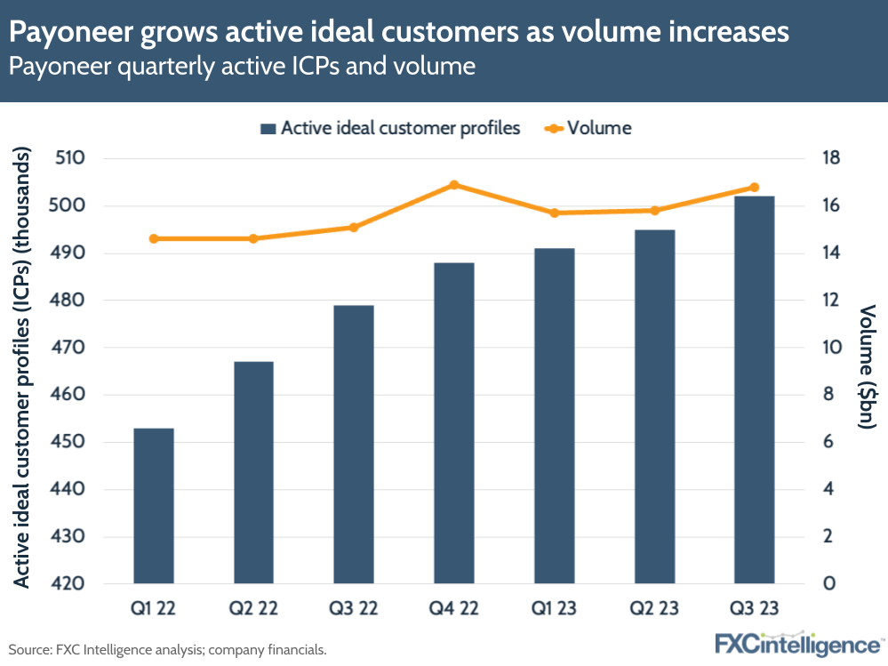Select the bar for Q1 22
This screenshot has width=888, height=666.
153,506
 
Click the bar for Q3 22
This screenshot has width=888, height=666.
354,445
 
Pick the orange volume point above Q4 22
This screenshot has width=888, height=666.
453,185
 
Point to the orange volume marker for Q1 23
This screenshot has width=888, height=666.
554,213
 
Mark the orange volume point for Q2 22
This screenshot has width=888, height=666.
253,238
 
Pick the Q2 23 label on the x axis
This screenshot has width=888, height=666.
654,610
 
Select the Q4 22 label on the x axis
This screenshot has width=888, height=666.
453,610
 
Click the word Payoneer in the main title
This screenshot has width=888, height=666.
62,34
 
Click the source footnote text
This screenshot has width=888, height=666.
168,649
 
